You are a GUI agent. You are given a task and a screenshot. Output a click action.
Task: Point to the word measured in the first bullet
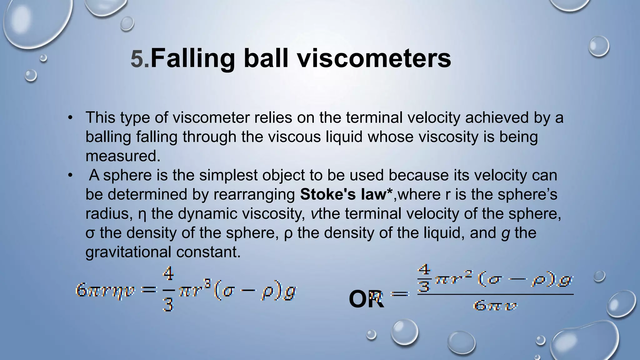[x=122, y=156]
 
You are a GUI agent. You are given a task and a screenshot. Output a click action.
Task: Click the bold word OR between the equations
[x=366, y=299]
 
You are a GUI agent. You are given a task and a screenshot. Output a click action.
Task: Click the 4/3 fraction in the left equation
[x=168, y=290]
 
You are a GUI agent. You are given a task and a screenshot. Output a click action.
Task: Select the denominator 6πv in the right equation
[x=495, y=305]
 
